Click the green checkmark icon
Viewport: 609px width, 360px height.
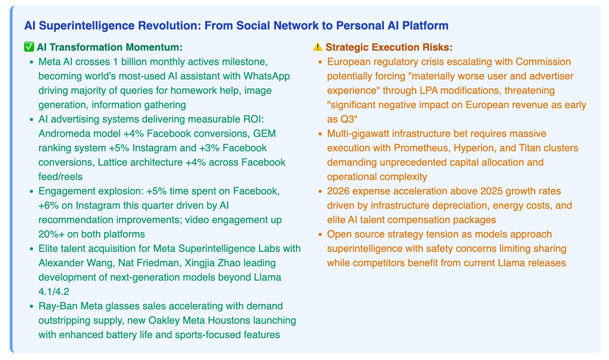click(29, 47)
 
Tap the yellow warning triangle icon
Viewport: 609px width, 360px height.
click(317, 47)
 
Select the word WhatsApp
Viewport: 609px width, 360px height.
click(267, 76)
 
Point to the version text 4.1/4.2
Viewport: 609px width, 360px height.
click(54, 292)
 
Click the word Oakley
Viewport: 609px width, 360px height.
click(164, 320)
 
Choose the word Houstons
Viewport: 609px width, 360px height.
click(229, 320)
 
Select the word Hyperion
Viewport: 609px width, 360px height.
click(474, 148)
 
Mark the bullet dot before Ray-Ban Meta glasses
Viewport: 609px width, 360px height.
click(32, 306)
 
